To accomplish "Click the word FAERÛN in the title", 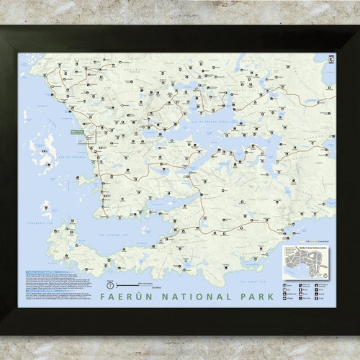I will [x=127, y=296].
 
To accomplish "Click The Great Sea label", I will [x=252, y=282].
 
